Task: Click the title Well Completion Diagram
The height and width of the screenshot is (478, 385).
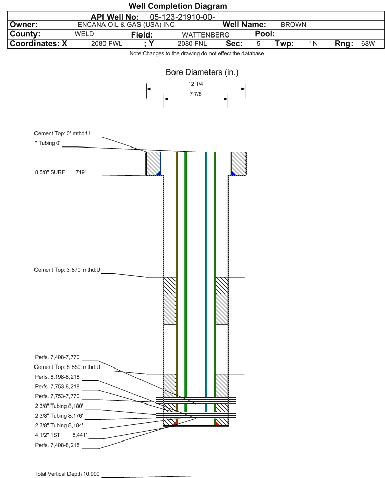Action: pos(178,6)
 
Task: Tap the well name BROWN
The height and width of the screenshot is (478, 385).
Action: pos(293,25)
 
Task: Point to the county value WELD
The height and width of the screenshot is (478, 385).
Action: pos(84,34)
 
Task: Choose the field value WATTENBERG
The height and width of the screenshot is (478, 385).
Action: pos(205,34)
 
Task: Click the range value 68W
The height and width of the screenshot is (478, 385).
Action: pos(367,44)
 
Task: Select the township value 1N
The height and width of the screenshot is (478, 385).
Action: pos(313,44)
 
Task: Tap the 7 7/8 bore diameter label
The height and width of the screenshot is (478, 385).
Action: pos(196,95)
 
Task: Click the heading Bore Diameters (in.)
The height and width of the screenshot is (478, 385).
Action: pos(202,72)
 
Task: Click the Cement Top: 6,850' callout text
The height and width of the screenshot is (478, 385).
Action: pos(67,366)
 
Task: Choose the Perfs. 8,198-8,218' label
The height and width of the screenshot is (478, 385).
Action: pos(57,377)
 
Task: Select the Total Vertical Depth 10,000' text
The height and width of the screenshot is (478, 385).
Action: pos(67,474)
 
